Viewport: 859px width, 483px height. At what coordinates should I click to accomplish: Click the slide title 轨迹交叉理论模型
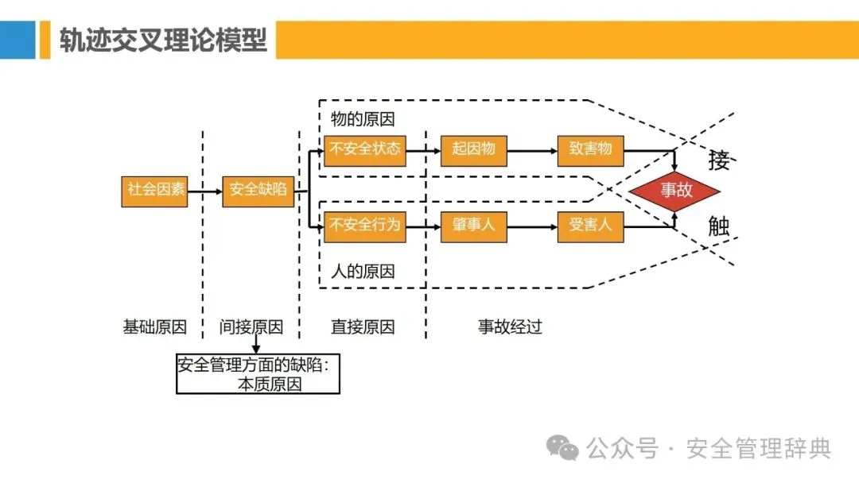163,40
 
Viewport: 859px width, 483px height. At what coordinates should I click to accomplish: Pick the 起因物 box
473,149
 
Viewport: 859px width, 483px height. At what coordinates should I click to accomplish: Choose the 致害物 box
590,149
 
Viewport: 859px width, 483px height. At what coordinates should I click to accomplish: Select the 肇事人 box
473,226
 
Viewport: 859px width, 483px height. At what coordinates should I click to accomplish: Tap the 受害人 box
590,226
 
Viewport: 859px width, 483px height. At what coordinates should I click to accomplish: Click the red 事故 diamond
675,191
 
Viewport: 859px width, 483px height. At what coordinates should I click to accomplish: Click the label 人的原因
363,272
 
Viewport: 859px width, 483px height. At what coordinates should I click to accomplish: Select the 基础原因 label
154,327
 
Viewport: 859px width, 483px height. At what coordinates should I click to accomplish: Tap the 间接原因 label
251,327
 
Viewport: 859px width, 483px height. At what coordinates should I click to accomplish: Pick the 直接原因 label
363,327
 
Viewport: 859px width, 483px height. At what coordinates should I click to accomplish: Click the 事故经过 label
510,327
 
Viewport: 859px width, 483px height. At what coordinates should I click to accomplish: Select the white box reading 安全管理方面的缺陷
258,374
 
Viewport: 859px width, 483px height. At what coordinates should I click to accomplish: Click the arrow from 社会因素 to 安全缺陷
204,191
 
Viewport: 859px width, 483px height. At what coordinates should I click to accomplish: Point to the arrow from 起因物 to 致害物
532,149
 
